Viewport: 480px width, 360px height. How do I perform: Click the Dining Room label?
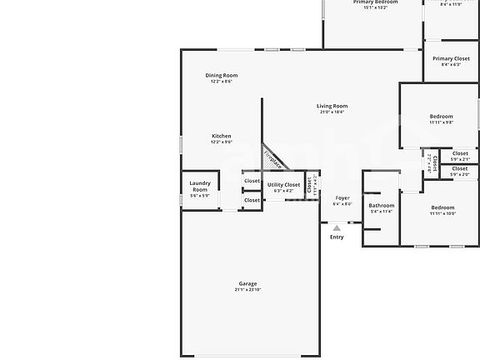(222, 76)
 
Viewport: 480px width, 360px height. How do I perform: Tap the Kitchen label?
(222, 136)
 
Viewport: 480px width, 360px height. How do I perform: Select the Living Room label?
(332, 106)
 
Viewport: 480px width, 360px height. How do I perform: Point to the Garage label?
(247, 283)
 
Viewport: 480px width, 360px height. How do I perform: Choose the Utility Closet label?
(283, 185)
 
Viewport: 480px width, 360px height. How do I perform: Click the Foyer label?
(342, 197)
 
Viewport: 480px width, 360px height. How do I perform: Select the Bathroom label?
(382, 205)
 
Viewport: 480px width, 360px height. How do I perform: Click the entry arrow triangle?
(337, 227)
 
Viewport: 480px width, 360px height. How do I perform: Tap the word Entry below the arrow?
(337, 237)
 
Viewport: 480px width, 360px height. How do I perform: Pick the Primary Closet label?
(451, 59)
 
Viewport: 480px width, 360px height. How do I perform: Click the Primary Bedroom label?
(375, 2)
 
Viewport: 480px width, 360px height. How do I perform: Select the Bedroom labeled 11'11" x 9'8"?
(442, 116)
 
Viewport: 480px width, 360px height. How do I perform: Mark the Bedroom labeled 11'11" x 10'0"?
(442, 207)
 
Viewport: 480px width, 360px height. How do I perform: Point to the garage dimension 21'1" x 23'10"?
(247, 290)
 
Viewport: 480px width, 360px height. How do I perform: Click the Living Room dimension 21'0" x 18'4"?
(332, 112)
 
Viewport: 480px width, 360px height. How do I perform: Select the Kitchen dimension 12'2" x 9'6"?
(222, 142)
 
